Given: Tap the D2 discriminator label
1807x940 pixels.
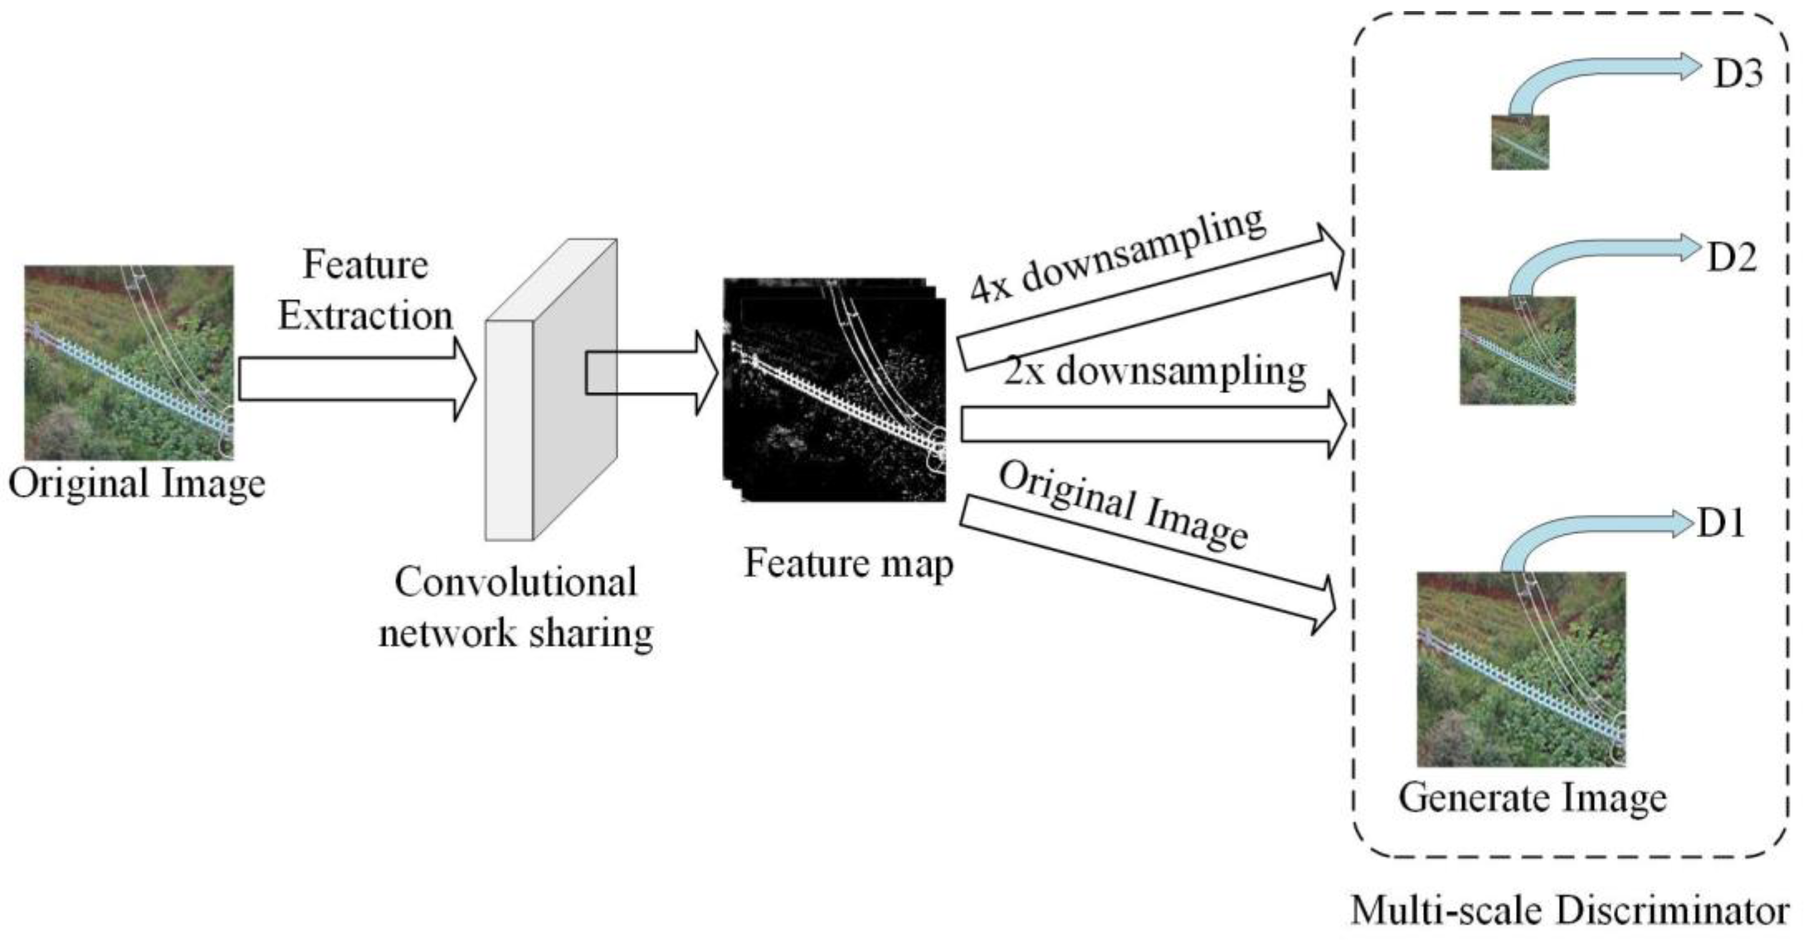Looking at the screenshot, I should pyautogui.click(x=1732, y=257).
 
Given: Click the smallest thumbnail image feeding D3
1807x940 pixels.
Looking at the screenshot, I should pyautogui.click(x=1519, y=142).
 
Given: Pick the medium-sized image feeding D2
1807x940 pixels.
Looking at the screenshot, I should pyautogui.click(x=1517, y=351).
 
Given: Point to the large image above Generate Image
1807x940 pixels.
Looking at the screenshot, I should pyautogui.click(x=1521, y=669).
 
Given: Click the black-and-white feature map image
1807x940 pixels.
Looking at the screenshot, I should pyautogui.click(x=835, y=390).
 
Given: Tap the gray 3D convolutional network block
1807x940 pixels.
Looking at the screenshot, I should pyautogui.click(x=551, y=390).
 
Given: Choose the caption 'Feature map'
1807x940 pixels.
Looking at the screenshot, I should pyautogui.click(x=848, y=563).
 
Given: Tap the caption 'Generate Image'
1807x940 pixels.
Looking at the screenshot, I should pyautogui.click(x=1532, y=798).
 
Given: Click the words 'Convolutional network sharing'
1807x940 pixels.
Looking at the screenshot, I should pyautogui.click(x=516, y=608).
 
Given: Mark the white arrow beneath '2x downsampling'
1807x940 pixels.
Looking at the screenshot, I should pyautogui.click(x=1150, y=425).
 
